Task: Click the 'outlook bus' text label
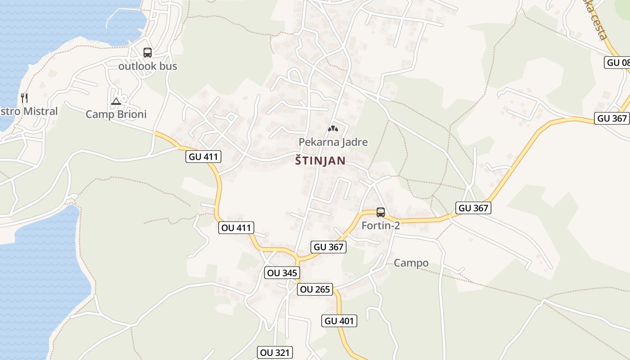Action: [148, 66]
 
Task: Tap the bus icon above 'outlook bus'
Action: [148, 53]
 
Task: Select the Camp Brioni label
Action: [116, 114]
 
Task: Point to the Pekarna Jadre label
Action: [333, 142]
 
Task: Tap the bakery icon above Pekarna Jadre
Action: [333, 129]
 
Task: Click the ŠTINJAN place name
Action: [320, 161]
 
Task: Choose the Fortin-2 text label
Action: [381, 225]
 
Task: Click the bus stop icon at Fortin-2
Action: [381, 212]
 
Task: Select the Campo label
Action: [411, 263]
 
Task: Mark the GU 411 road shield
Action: [203, 157]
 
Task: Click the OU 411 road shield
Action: [236, 228]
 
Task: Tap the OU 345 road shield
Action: [282, 273]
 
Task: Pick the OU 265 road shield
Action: [315, 289]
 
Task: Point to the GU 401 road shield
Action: [339, 321]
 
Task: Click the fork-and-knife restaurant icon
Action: [24, 98]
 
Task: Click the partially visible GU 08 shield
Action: [617, 63]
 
